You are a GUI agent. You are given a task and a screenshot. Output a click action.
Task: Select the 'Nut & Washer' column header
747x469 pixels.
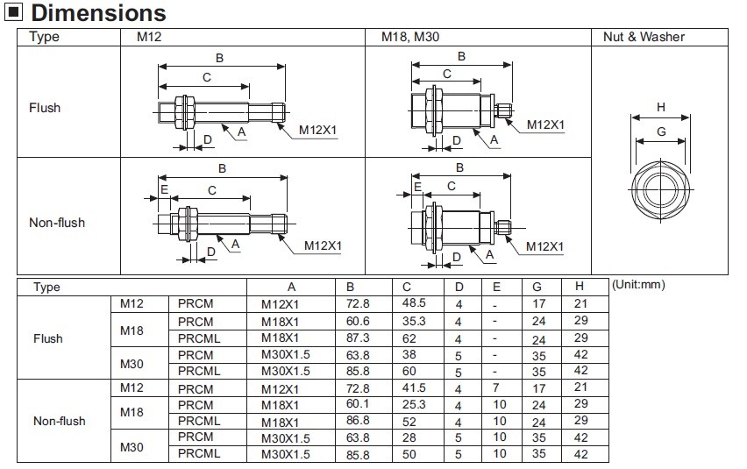pyautogui.click(x=644, y=37)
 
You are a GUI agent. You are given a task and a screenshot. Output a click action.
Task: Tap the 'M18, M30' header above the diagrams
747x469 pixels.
pyautogui.click(x=409, y=37)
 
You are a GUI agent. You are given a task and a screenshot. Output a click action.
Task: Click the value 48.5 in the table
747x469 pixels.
pyautogui.click(x=413, y=303)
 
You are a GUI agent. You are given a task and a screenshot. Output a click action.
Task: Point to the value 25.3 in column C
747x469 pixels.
pyautogui.click(x=413, y=404)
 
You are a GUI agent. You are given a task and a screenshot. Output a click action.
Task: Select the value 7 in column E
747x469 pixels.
pyautogui.click(x=495, y=387)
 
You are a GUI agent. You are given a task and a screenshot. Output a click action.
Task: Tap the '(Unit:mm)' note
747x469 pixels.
pyautogui.click(x=640, y=285)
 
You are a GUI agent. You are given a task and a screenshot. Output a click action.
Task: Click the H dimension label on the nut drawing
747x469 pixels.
pyautogui.click(x=661, y=107)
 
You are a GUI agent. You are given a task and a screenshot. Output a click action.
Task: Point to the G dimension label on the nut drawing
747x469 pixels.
pyautogui.click(x=661, y=131)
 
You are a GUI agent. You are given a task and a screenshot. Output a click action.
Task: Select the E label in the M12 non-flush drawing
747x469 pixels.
pyautogui.click(x=164, y=189)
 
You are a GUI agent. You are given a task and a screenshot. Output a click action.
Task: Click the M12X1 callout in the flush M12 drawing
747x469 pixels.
pyautogui.click(x=318, y=130)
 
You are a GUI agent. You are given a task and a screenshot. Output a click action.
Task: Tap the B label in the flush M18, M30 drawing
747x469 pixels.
pyautogui.click(x=461, y=56)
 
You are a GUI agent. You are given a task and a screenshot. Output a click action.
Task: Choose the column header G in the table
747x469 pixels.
pyautogui.click(x=537, y=287)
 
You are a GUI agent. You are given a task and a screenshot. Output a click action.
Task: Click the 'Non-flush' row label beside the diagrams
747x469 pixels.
pyautogui.click(x=57, y=223)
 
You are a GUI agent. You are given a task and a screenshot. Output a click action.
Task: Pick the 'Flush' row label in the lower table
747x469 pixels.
pyautogui.click(x=47, y=338)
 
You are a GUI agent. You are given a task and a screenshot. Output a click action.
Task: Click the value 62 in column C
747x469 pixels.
pyautogui.click(x=408, y=337)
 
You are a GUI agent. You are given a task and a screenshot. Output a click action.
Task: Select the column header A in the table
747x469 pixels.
pyautogui.click(x=291, y=287)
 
